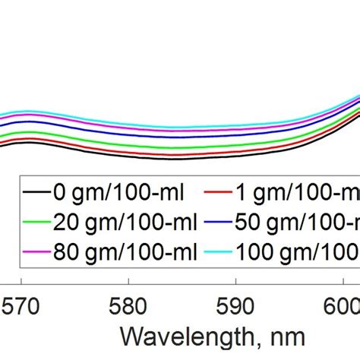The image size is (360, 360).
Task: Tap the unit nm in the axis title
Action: pos(289,338)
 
